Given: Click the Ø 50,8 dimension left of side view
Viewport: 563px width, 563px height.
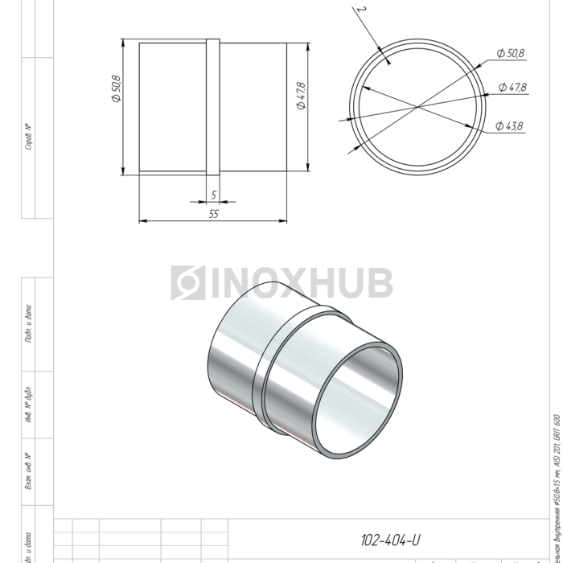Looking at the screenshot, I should (x=115, y=88).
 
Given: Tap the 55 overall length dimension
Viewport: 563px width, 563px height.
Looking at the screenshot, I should (x=213, y=214).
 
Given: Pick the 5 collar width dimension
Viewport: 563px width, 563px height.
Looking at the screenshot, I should (x=213, y=195).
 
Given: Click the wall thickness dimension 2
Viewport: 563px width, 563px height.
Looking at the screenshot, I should (x=364, y=11).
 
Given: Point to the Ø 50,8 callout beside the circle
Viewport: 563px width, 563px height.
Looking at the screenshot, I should (x=510, y=53).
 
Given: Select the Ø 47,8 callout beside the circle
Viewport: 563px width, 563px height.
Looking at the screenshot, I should (x=512, y=87).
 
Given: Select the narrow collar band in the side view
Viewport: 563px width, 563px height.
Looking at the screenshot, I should (x=213, y=106).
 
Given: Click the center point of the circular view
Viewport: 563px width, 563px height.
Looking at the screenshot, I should (x=417, y=106).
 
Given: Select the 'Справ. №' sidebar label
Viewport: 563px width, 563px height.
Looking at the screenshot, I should (x=29, y=137).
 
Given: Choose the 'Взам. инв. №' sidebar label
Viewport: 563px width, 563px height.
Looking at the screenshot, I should (x=29, y=471).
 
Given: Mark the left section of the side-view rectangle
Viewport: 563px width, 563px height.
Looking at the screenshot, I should (x=173, y=106).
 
